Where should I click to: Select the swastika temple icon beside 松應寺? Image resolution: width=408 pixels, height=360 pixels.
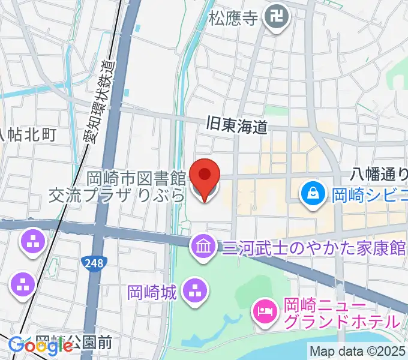[278, 17]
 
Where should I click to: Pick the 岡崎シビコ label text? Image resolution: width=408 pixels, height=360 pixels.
[369, 194]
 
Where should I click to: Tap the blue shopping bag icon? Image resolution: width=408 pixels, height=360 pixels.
[313, 193]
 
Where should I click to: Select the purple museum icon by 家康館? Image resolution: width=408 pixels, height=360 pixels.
[203, 246]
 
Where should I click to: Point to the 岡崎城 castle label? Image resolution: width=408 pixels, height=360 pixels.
[152, 292]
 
